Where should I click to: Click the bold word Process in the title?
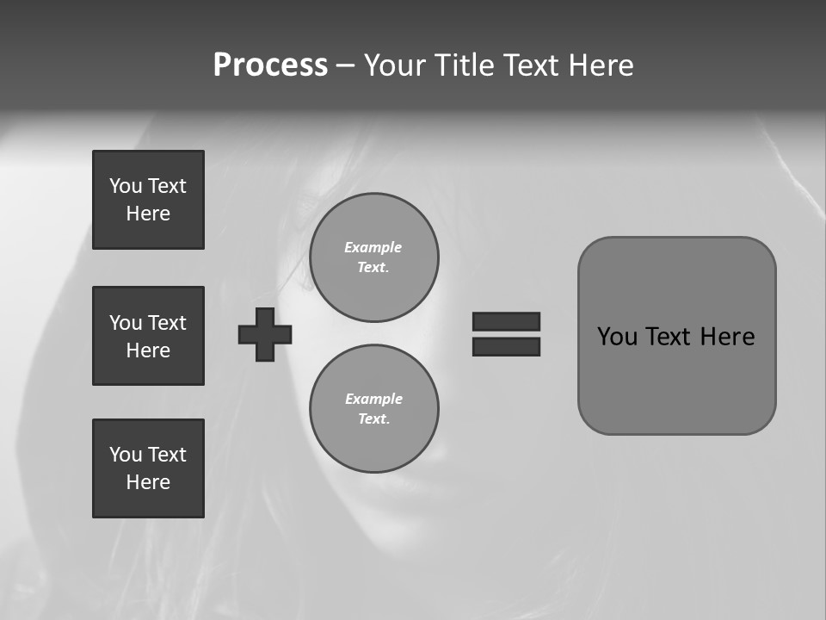tap(270, 65)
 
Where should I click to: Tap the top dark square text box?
tap(148, 200)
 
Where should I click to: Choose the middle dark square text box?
tap(148, 336)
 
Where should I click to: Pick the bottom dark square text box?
tap(148, 468)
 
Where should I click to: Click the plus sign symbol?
tap(265, 334)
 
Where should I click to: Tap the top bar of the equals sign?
tap(506, 321)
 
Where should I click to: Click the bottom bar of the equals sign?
tap(506, 346)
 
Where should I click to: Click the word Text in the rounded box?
tap(669, 337)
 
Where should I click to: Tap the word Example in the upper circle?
tap(373, 247)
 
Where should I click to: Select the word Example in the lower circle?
tap(373, 399)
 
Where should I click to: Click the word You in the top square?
tap(126, 186)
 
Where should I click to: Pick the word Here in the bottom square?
tap(148, 482)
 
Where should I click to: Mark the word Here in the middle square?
tap(148, 350)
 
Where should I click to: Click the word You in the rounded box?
tap(617, 337)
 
